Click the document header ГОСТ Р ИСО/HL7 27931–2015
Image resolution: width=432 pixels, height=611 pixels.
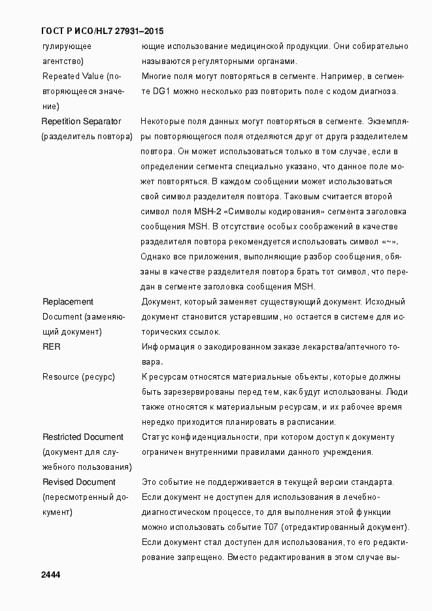point(102,31)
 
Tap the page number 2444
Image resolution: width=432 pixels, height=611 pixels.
point(50,574)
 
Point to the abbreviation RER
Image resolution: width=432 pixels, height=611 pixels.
point(52,346)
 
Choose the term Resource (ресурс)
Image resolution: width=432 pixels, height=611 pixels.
point(78,376)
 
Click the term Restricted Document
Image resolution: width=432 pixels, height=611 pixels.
point(82,437)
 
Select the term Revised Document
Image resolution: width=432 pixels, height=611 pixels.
point(78,482)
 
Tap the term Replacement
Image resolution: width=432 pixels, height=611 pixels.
point(67,301)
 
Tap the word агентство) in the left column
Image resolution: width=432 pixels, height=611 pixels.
point(63,61)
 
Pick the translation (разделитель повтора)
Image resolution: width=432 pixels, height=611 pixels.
point(86,137)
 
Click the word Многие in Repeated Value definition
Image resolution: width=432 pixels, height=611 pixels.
point(156,76)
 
